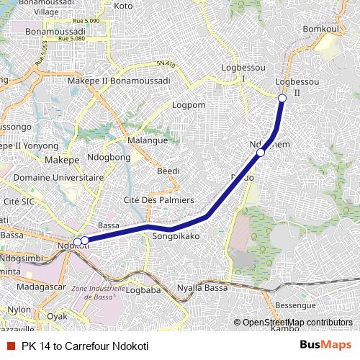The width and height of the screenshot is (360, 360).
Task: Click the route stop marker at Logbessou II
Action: pyautogui.click(x=282, y=98)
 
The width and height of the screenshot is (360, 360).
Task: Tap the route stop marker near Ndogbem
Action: pyautogui.click(x=261, y=153)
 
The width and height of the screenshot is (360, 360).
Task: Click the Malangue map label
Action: pyautogui.click(x=147, y=140)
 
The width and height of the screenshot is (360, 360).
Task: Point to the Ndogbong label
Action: pyautogui.click(x=109, y=157)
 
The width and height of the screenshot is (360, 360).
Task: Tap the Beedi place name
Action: pyautogui.click(x=168, y=171)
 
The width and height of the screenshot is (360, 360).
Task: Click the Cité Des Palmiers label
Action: pyautogui.click(x=159, y=199)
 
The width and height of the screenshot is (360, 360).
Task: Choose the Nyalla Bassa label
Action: pyautogui.click(x=202, y=287)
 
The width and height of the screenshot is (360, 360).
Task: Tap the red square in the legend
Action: pyautogui.click(x=10, y=345)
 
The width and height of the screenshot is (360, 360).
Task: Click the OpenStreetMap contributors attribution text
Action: pyautogui.click(x=297, y=323)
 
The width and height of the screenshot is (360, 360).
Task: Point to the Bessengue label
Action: pyautogui.click(x=297, y=305)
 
